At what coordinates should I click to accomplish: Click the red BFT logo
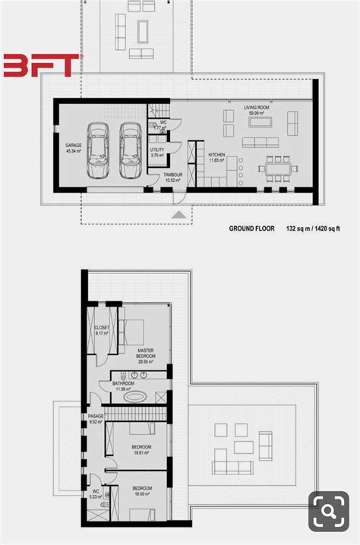pos(40,65)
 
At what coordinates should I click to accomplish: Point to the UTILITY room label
pos(157,153)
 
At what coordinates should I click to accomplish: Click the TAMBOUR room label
pos(173,178)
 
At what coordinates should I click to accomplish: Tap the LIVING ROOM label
pos(257,110)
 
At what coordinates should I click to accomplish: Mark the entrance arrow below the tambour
pos(178,216)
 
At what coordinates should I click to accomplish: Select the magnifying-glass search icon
pos(328,512)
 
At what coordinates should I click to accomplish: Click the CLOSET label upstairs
pos(101,330)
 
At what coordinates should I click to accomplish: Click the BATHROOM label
pos(123,386)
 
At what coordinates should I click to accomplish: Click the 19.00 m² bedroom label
pos(143,490)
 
